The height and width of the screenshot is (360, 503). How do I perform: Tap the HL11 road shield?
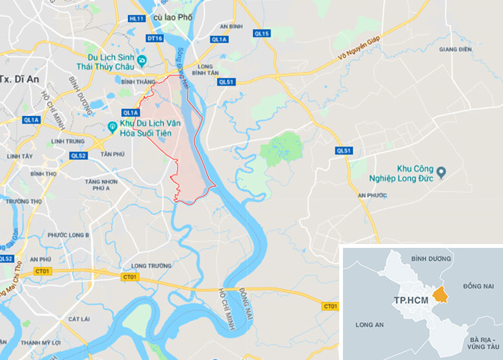click(137, 18)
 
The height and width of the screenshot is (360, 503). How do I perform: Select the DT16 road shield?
click(155, 38)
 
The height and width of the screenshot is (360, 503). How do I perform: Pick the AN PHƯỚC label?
click(373, 196)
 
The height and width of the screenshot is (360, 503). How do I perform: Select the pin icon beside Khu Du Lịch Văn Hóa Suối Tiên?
click(112, 127)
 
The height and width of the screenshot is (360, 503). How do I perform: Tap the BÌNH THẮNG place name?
click(138, 80)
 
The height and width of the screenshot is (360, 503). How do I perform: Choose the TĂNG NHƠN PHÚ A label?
click(103, 186)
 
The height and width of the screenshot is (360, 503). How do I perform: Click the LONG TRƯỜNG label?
click(149, 265)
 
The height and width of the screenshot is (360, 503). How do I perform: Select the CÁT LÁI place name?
click(80, 318)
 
